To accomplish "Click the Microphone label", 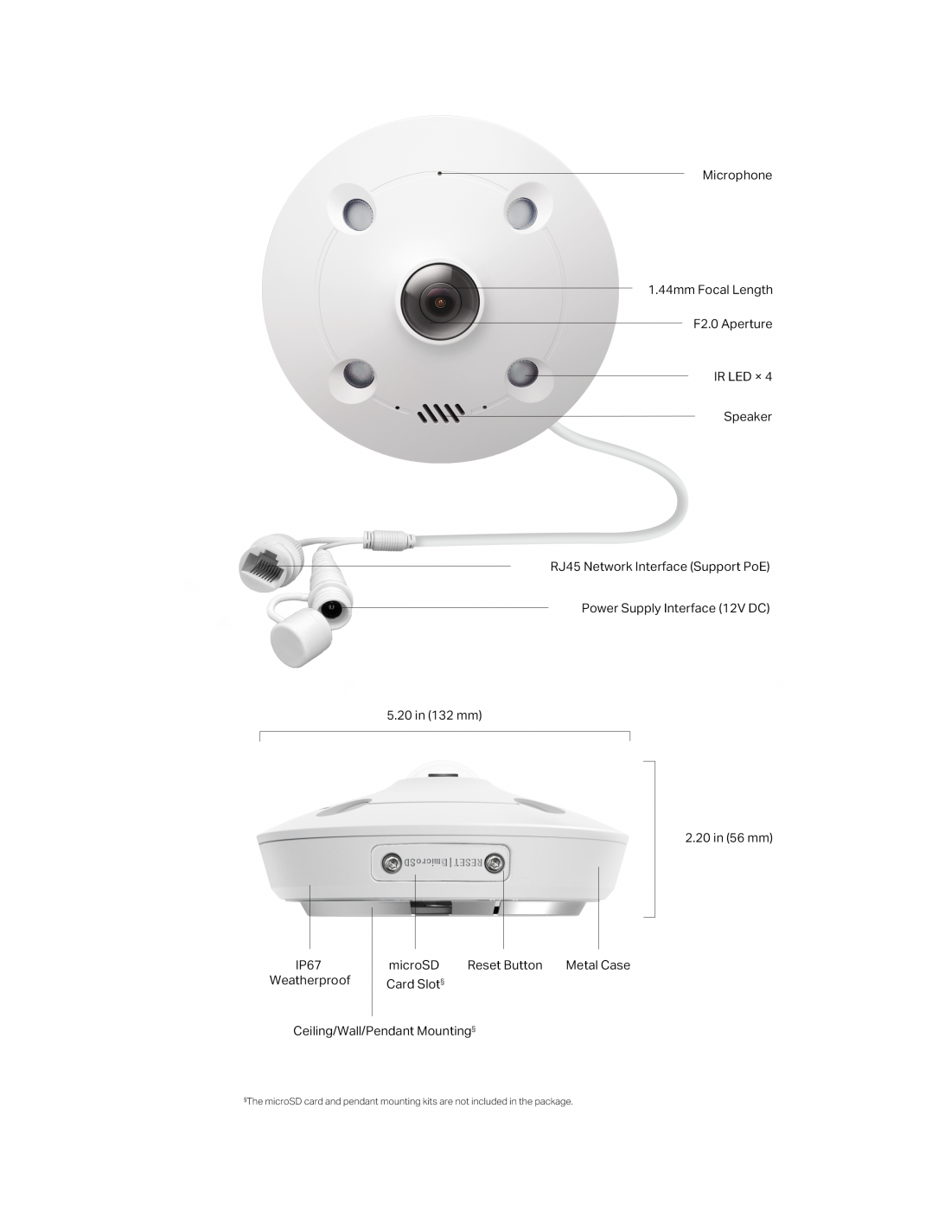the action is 737,175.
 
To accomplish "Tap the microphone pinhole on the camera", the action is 439,173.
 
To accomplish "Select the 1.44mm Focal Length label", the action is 710,290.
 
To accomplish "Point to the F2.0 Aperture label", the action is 732,324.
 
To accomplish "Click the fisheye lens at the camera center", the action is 440,302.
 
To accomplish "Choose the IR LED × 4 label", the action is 743,376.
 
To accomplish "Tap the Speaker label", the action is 747,417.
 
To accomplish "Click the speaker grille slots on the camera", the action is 441,413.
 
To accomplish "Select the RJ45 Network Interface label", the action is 660,567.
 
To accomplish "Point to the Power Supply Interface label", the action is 675,608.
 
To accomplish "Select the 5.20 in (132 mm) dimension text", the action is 434,715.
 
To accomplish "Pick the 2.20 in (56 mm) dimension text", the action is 729,838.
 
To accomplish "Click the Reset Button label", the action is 505,965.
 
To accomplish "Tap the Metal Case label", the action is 598,965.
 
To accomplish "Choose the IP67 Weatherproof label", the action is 310,972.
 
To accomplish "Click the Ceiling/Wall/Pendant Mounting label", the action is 384,1031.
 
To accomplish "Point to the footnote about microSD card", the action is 408,1101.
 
